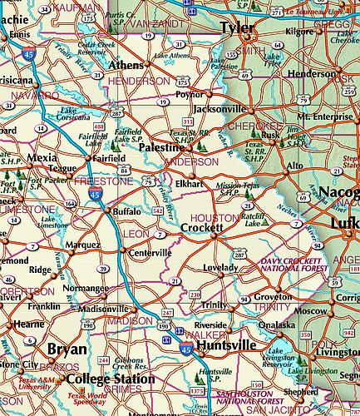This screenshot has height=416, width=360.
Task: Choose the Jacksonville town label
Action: (219, 109)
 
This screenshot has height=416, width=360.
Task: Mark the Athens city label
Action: (126, 64)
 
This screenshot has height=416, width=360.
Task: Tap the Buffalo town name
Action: (127, 211)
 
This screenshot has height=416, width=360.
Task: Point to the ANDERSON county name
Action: (190, 161)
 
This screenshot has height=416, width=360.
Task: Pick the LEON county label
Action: (135, 235)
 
